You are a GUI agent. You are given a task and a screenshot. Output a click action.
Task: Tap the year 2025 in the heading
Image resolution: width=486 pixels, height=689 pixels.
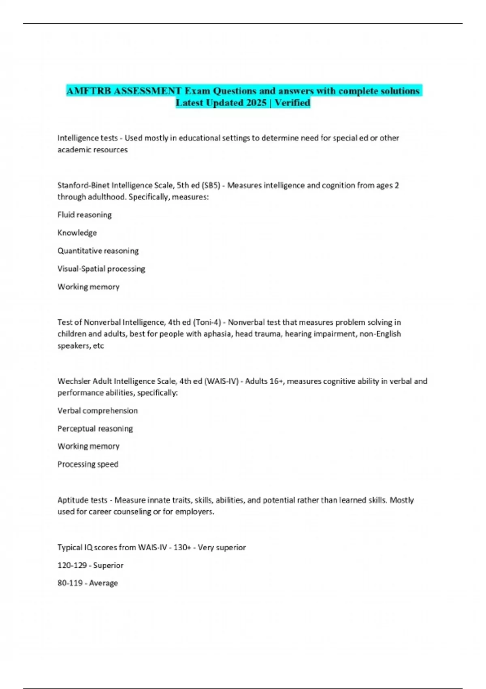pos(256,103)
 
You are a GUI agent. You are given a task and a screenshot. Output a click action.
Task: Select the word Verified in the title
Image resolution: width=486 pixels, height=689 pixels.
pos(292,103)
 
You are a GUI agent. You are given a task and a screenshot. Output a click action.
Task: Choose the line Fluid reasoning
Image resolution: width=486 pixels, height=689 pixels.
pos(84,215)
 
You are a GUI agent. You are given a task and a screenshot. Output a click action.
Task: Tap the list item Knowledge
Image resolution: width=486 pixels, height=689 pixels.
pos(77,233)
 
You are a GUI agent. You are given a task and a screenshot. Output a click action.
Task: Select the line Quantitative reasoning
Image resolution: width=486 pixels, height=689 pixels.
pos(98,251)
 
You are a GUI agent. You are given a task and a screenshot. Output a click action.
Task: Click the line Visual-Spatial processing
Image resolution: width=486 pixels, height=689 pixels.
pos(101,269)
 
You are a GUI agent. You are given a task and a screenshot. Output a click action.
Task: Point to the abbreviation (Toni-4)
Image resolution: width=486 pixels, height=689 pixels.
pos(207,323)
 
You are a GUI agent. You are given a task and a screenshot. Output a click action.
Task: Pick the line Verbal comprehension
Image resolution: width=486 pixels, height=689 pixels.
pos(98,411)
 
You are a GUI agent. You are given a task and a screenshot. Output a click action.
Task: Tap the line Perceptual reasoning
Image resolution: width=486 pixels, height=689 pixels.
pos(95,429)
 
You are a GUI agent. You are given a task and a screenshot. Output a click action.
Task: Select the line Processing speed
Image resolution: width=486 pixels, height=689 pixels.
pos(88,464)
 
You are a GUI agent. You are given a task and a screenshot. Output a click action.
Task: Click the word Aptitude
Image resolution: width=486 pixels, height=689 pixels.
pos(71,501)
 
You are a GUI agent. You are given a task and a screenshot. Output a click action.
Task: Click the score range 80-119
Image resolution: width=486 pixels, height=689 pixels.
pos(70,583)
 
